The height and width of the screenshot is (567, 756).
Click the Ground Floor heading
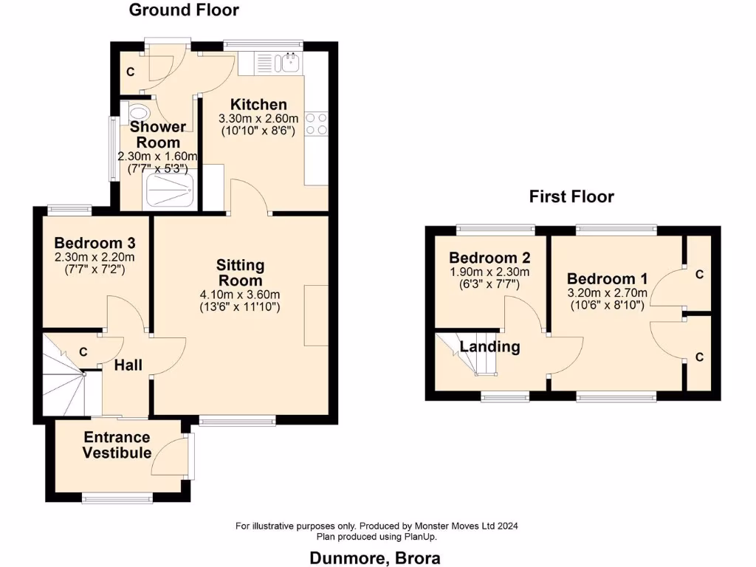184,10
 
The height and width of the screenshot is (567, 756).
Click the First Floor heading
571,196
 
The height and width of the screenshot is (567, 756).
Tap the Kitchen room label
258,104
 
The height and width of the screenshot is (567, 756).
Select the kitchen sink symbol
289,63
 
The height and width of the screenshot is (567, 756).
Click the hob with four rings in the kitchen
317,123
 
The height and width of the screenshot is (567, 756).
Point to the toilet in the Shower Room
138,112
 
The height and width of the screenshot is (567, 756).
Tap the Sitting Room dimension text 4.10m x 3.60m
241,295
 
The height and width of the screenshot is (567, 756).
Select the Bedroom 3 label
94,243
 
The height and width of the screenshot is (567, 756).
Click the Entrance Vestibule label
117,445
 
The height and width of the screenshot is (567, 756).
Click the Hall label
128,365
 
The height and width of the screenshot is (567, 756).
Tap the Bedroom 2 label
489,258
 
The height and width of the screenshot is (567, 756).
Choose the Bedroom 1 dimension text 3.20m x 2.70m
607,292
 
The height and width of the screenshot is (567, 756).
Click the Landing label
489,346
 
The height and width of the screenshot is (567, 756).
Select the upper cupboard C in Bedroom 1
699,275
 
